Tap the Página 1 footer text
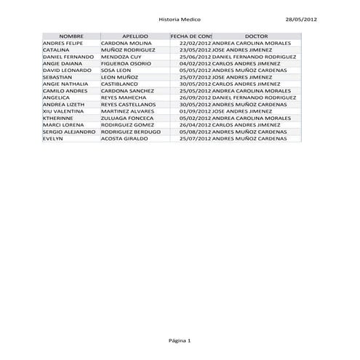coord(179,340)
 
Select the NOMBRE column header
coord(71,36)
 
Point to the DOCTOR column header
coord(256,36)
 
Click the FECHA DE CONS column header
coord(191,36)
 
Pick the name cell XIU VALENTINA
coord(63,111)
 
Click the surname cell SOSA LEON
coord(117,70)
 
